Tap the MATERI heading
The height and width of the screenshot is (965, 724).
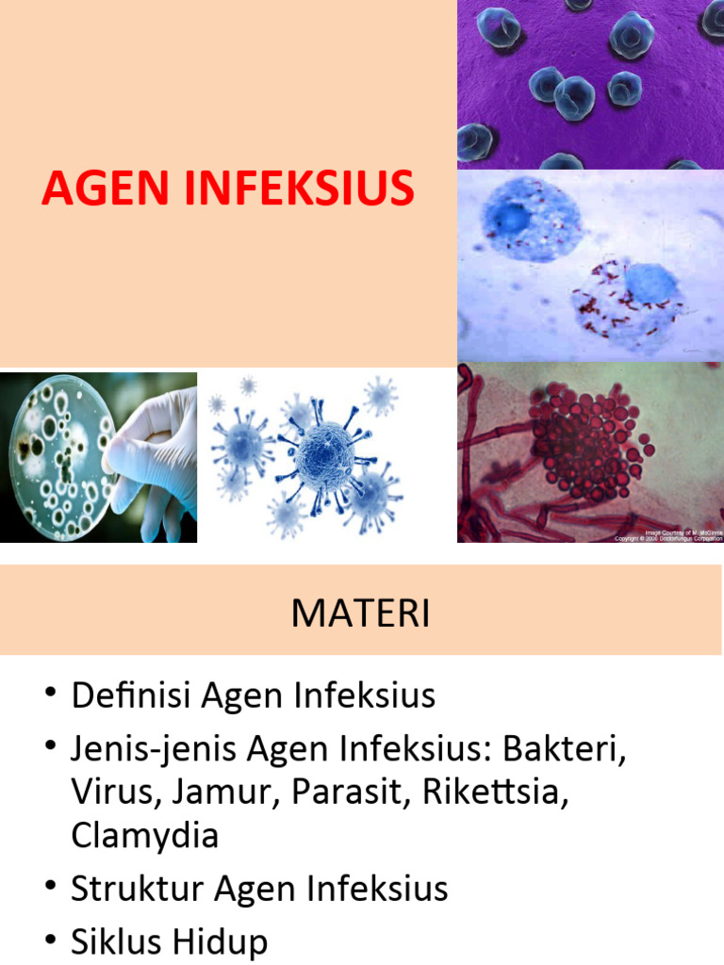[360, 614]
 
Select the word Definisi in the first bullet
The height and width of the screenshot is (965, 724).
[131, 696]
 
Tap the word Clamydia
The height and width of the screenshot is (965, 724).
[144, 835]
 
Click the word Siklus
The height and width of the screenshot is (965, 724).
[114, 941]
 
